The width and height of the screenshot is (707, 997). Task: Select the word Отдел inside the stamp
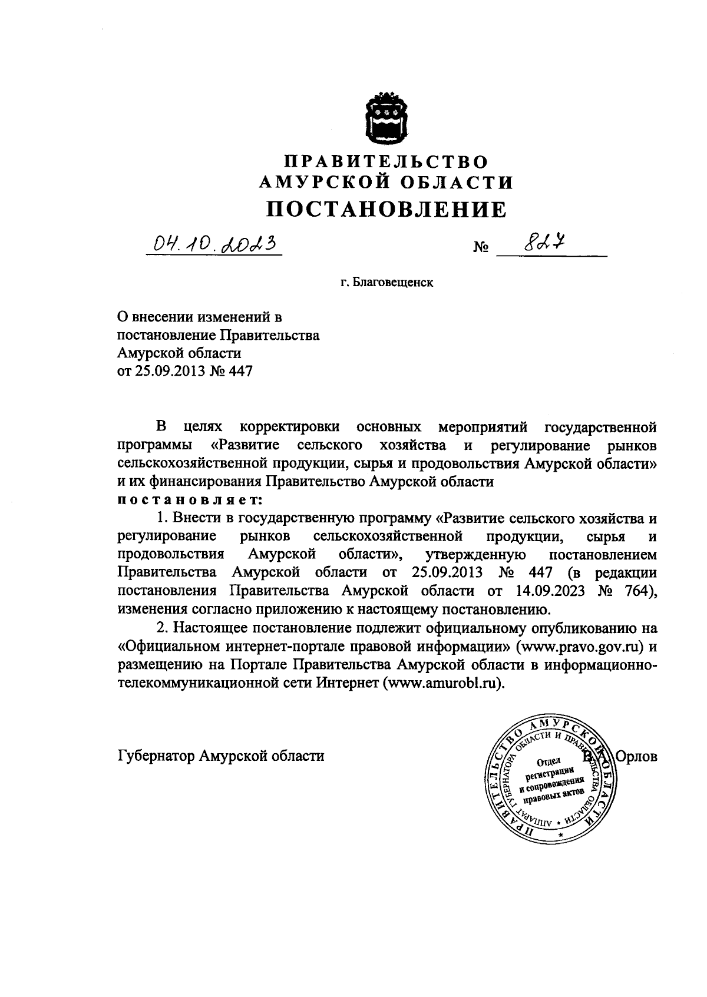[x=550, y=760]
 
